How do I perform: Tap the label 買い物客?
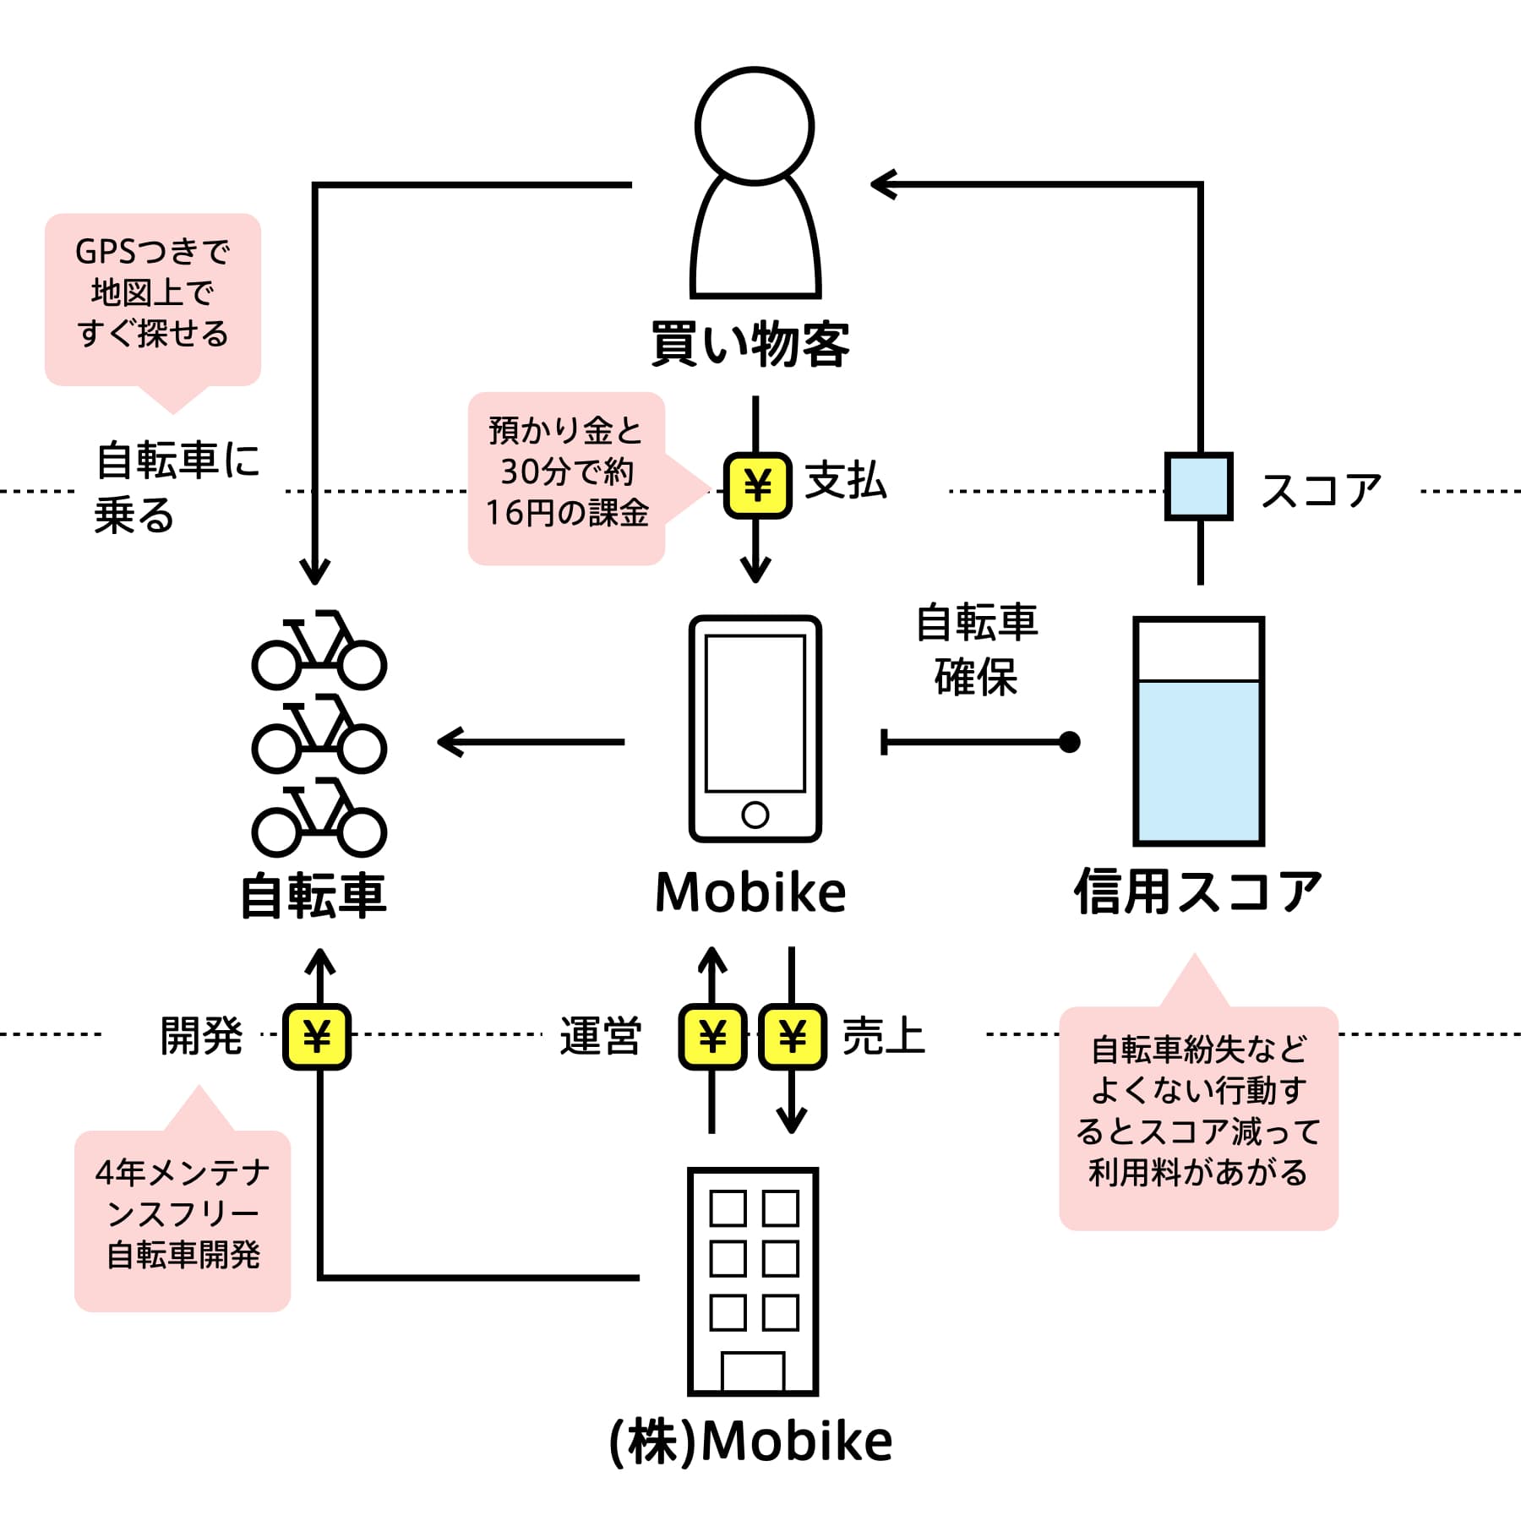tap(750, 345)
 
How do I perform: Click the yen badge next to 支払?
tap(757, 486)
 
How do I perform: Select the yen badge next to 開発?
tap(317, 1037)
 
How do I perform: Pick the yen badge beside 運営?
tap(712, 1037)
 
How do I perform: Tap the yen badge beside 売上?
tap(792, 1037)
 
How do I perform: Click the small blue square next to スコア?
tap(1199, 486)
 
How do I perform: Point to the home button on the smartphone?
tap(755, 815)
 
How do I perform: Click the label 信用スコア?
tap(1198, 893)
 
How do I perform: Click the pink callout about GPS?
tap(153, 300)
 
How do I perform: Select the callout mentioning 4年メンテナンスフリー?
tap(183, 1208)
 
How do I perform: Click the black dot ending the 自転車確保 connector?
tap(1070, 742)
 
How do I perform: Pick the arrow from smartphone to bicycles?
tap(531, 742)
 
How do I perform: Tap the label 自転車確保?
tap(977, 649)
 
